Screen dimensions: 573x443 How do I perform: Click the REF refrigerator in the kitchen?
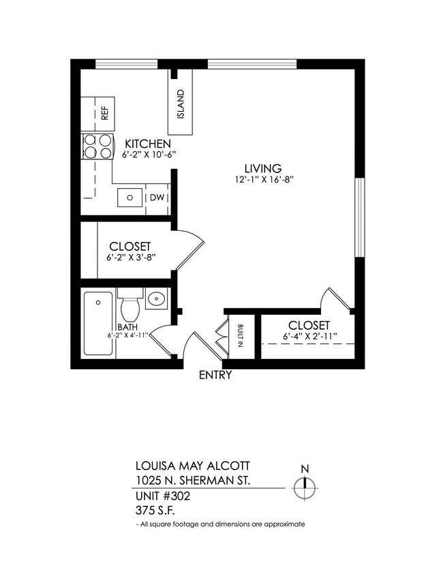click(98, 112)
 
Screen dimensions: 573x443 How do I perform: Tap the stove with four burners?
click(97, 146)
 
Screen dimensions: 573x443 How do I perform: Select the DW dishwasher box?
click(156, 198)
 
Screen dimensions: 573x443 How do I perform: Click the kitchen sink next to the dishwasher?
click(129, 198)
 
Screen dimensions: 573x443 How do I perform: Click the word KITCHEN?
click(147, 144)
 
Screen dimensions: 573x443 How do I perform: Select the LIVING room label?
click(263, 168)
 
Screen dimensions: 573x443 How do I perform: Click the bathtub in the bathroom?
click(98, 324)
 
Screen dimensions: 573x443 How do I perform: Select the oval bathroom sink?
click(157, 298)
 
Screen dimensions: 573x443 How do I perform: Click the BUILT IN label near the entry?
click(241, 336)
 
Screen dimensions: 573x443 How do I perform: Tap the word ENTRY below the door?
click(215, 375)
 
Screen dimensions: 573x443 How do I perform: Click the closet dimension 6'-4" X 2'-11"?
click(309, 337)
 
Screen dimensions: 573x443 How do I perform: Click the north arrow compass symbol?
click(305, 488)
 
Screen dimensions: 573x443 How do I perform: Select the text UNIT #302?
click(162, 496)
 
